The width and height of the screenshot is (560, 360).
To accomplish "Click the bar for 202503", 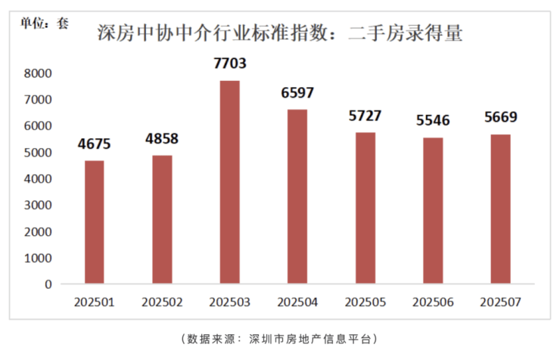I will tap(229, 182).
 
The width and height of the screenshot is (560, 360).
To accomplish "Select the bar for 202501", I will tap(95, 222).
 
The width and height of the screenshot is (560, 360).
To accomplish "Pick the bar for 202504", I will tap(297, 197).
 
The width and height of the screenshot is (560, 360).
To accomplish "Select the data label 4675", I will tap(95, 143).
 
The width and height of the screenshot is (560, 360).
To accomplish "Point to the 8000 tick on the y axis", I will tap(37, 73).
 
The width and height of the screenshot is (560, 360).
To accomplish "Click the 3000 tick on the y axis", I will tap(37, 205).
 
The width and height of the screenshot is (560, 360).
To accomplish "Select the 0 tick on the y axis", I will tap(47, 284).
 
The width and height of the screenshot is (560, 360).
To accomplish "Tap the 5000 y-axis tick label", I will tap(37, 152).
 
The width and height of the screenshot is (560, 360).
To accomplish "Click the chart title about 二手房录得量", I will tap(280, 34).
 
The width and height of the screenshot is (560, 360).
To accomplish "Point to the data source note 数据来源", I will tap(280, 338).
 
